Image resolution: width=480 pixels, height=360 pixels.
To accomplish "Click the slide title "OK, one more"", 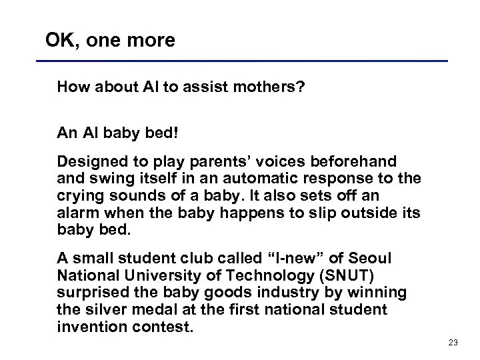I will pyautogui.click(x=110, y=41).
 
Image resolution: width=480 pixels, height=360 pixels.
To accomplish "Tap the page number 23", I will pyautogui.click(x=453, y=343).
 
